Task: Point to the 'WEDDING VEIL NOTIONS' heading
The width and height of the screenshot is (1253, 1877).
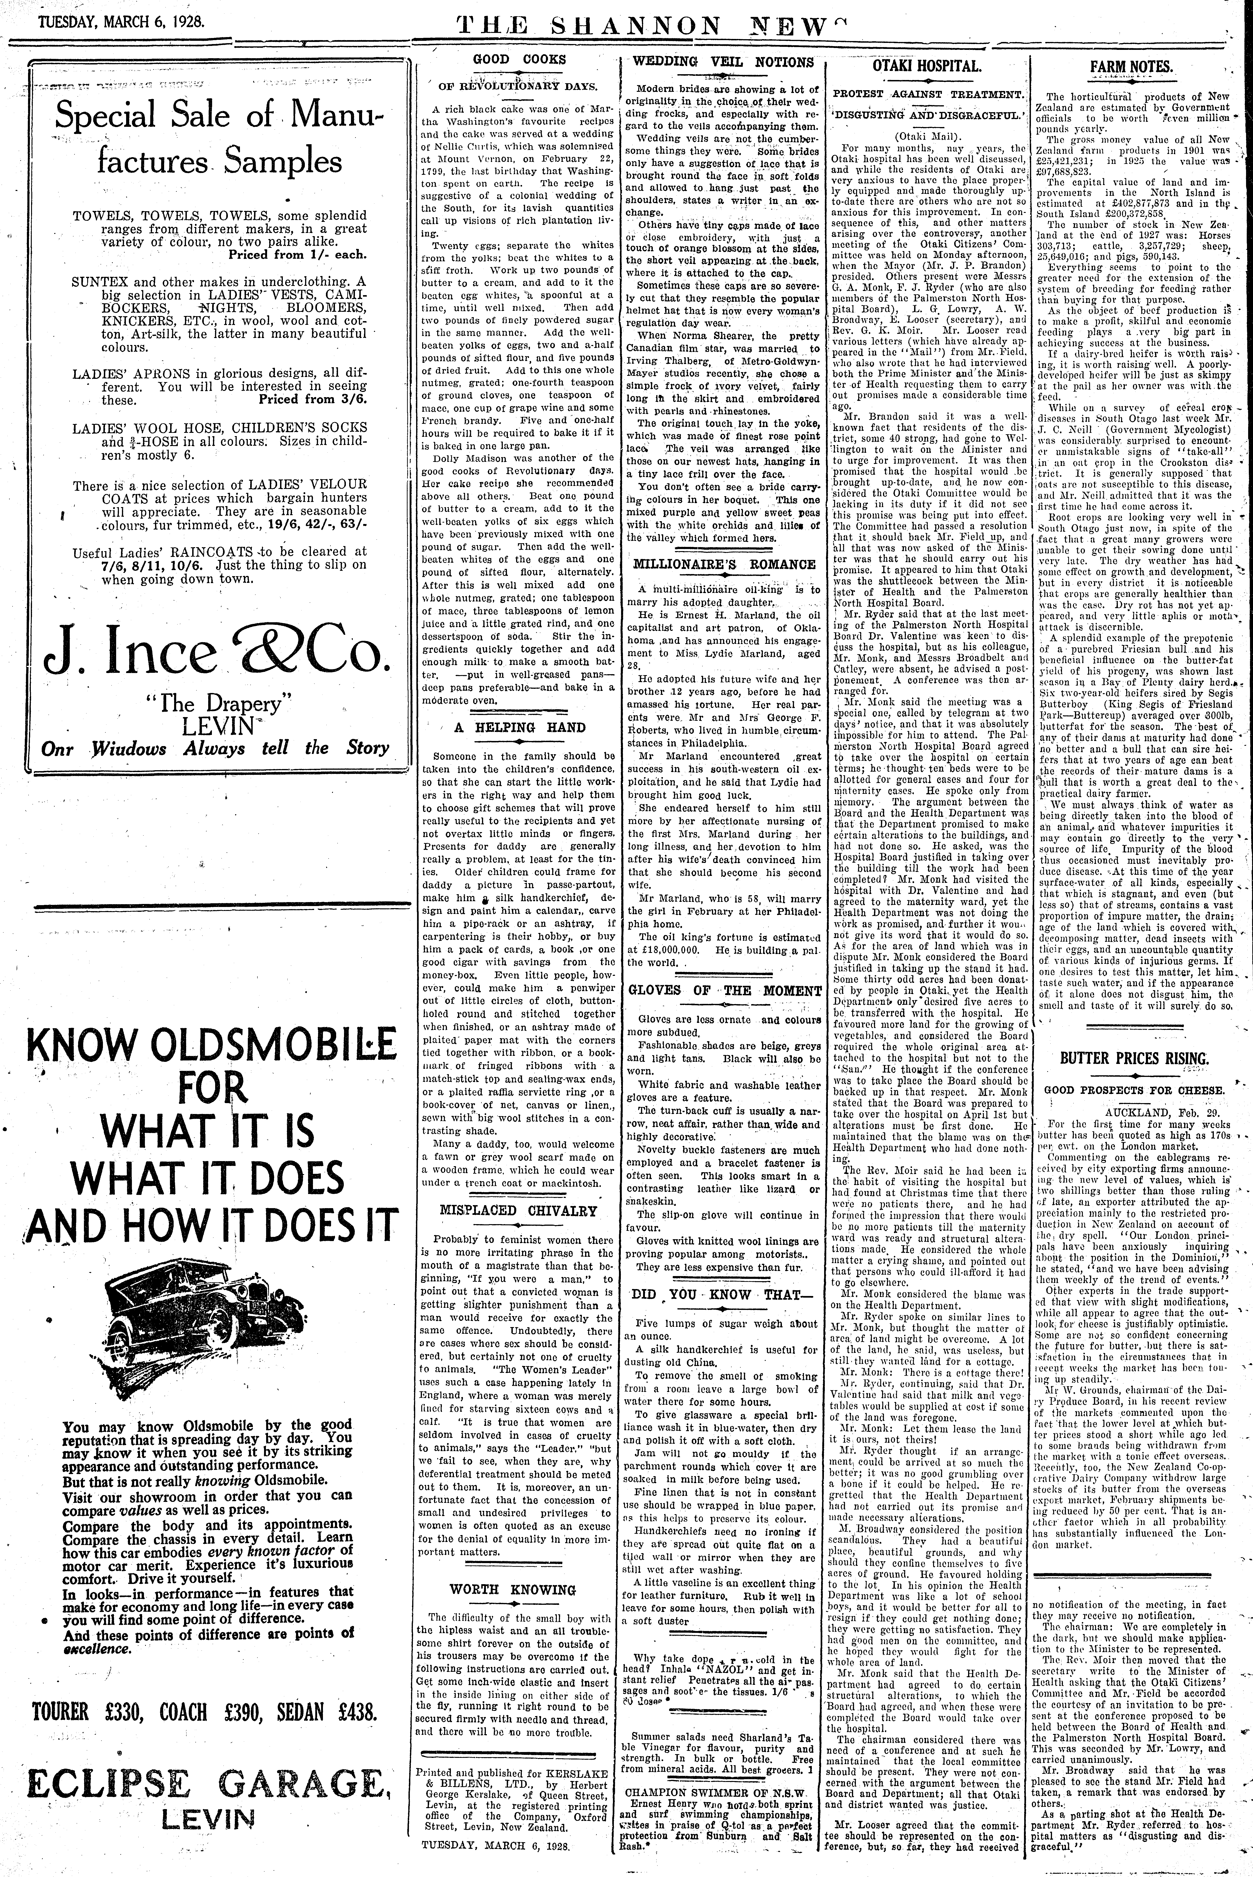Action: coord(723,62)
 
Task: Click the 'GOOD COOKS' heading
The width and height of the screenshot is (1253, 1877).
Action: coord(519,59)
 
